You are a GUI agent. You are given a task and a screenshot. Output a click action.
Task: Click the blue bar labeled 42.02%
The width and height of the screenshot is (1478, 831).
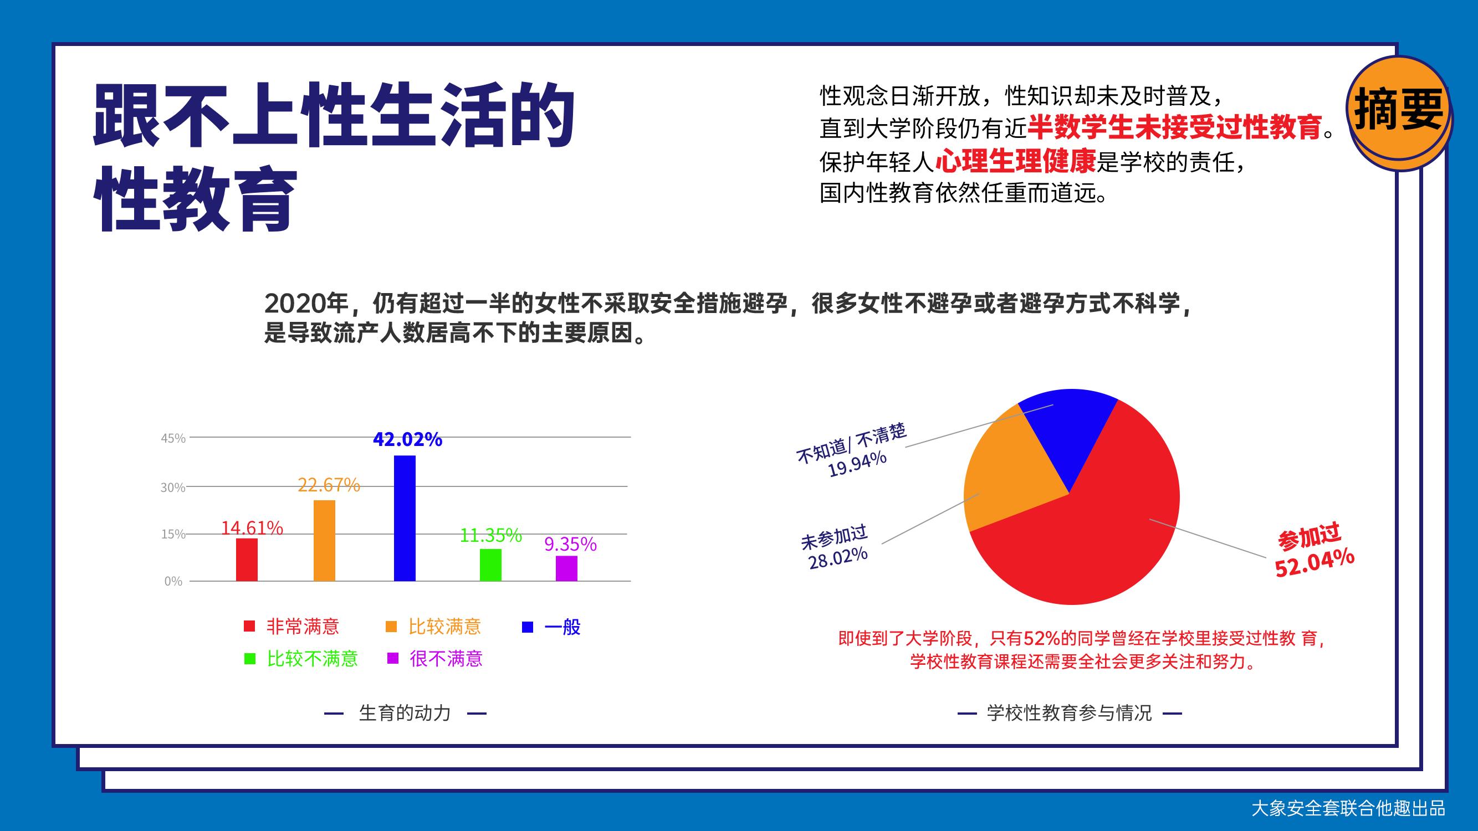[405, 518]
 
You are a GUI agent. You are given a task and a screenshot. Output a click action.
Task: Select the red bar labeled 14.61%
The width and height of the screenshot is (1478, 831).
[247, 560]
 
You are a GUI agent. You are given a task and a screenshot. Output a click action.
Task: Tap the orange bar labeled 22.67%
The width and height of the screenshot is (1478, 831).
[324, 540]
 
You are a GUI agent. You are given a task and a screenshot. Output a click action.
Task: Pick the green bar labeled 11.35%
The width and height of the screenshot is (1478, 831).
[490, 565]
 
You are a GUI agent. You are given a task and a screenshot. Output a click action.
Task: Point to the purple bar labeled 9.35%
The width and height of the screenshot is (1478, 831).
[566, 568]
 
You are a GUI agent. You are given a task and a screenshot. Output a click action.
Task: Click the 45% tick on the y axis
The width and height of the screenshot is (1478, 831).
[173, 439]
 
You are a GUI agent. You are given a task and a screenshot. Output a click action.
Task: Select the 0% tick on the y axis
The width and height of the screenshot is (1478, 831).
[173, 582]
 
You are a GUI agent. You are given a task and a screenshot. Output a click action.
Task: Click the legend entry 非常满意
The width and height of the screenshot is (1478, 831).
[291, 626]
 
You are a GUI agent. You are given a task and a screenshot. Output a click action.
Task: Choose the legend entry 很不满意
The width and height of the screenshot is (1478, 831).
[435, 658]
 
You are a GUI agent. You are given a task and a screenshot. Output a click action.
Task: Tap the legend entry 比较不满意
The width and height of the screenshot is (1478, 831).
[301, 658]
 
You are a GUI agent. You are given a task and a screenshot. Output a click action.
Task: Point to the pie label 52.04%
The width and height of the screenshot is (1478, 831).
[1315, 562]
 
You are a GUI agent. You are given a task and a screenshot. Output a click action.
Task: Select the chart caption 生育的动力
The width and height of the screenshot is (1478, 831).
[405, 713]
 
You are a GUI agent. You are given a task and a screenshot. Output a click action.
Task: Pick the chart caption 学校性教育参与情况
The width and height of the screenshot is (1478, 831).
[1070, 713]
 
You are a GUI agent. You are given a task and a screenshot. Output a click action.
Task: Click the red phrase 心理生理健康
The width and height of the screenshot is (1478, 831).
[1016, 161]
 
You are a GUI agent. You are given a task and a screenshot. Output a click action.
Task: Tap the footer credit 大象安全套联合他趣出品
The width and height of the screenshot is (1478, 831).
[1348, 808]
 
